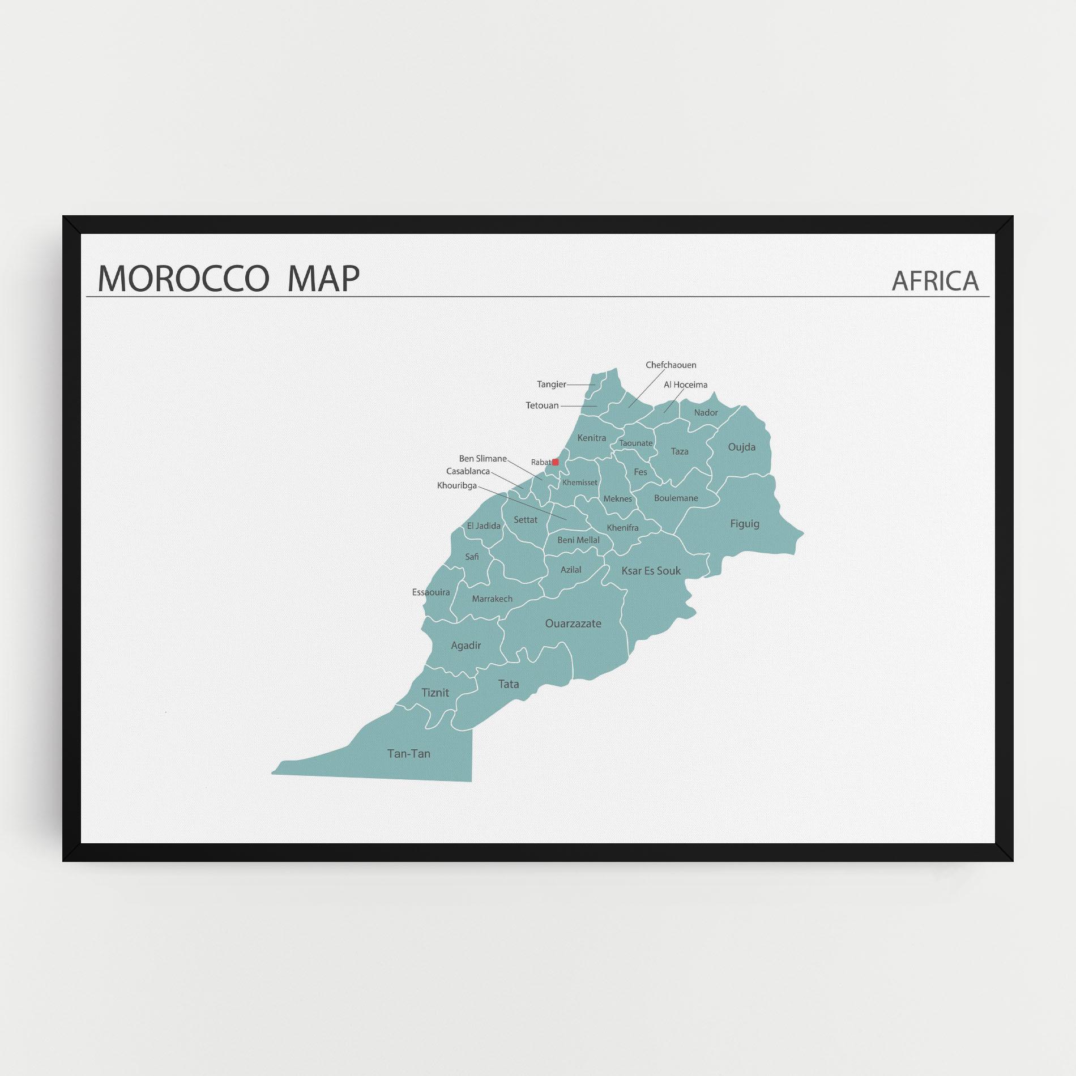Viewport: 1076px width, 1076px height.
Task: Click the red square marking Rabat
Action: (x=555, y=462)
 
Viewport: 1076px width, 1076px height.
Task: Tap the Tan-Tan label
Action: (x=408, y=754)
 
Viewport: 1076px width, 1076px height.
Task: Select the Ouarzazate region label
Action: (x=573, y=624)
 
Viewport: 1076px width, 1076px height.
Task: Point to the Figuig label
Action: (x=744, y=524)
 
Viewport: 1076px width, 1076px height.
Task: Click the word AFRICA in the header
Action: (x=934, y=281)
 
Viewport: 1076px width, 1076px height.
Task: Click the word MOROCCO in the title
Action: (x=183, y=279)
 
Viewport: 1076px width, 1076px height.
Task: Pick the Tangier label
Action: (x=551, y=385)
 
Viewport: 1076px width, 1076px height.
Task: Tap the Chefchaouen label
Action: (x=671, y=365)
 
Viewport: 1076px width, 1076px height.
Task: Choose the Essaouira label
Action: (x=431, y=592)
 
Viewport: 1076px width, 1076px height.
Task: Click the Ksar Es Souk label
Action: (x=651, y=571)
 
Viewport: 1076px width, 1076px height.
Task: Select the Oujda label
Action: (x=741, y=447)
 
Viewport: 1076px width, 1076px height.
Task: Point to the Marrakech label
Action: (x=492, y=599)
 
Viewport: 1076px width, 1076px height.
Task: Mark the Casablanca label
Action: (x=468, y=471)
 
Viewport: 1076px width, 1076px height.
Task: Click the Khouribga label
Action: (x=456, y=485)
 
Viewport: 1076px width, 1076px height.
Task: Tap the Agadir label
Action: (x=466, y=646)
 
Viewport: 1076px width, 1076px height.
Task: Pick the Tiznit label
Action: (x=435, y=693)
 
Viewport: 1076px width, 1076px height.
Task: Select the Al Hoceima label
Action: (x=685, y=385)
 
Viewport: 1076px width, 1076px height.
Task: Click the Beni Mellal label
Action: (x=578, y=540)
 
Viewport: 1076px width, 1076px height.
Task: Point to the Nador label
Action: (x=706, y=413)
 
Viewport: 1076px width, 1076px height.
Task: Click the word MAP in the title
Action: (x=323, y=279)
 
